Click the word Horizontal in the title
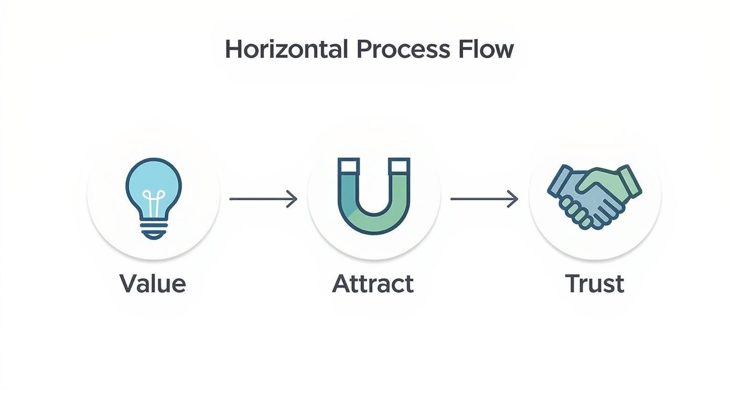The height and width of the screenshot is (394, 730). (286, 49)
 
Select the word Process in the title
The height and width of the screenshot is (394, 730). (403, 50)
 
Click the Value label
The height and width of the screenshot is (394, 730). (153, 283)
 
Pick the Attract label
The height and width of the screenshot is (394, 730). (373, 283)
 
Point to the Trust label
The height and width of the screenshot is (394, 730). (595, 283)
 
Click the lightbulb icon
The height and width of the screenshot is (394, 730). (154, 198)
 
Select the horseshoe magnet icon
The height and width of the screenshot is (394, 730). (374, 196)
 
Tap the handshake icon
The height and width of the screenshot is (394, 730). (594, 197)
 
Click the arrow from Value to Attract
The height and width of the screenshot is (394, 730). (263, 199)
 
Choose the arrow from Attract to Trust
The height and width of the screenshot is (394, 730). (484, 199)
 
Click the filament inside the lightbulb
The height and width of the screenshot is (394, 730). (154, 203)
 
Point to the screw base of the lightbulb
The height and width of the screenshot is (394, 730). (154, 229)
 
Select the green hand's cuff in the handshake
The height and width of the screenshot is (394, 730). (630, 181)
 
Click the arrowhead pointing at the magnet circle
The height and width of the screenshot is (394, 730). (292, 199)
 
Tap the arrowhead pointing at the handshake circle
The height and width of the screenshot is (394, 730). (513, 199)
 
